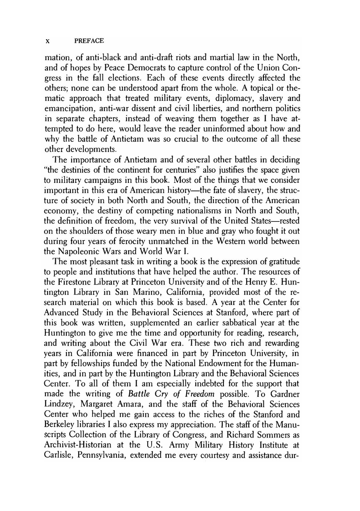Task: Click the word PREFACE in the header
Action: [89, 41]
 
